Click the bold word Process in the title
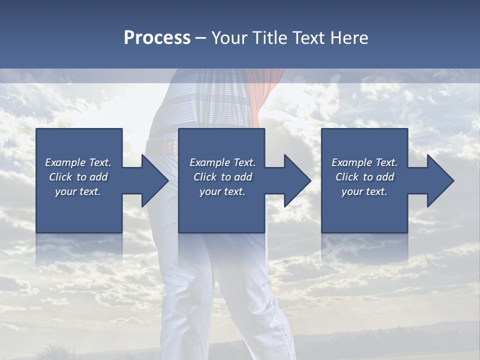pyautogui.click(x=157, y=38)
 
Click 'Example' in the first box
pyautogui.click(x=65, y=162)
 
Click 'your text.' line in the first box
pyautogui.click(x=78, y=191)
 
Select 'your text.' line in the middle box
pyautogui.click(x=222, y=191)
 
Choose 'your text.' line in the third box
pyautogui.click(x=364, y=191)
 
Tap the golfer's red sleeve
pyautogui.click(x=270, y=92)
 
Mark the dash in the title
pyautogui.click(x=200, y=38)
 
